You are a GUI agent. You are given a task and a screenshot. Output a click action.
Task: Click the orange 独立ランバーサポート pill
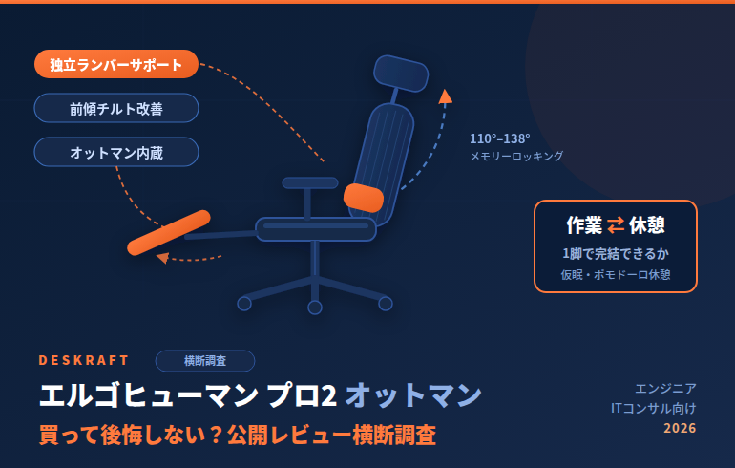click(116, 64)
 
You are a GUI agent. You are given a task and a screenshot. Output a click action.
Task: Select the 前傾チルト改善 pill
click(116, 108)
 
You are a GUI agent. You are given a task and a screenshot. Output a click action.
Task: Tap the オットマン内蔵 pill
click(116, 152)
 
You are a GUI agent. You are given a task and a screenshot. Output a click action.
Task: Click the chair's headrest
click(401, 74)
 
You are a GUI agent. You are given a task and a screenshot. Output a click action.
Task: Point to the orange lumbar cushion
click(364, 198)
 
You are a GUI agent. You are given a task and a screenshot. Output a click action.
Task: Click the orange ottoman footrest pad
click(169, 233)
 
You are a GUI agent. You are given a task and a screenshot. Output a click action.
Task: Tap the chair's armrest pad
click(310, 182)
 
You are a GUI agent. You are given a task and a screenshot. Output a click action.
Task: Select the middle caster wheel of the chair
click(315, 308)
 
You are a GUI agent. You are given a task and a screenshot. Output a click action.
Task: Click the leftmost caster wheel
click(244, 304)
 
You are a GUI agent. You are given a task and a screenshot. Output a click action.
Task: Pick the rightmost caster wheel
click(386, 304)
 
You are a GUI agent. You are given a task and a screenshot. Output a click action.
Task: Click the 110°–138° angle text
click(499, 138)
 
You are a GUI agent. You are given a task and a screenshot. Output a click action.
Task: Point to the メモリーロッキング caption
click(516, 156)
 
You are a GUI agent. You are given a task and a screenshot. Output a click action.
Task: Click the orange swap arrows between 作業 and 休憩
click(616, 225)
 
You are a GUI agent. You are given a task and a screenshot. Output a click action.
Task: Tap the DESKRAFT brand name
click(83, 360)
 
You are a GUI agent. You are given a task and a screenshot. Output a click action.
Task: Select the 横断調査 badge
click(205, 361)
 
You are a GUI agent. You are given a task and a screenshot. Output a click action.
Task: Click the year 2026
click(680, 428)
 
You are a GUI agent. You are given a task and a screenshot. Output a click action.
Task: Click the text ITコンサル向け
click(654, 408)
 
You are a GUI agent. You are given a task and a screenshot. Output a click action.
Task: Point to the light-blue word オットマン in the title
click(413, 394)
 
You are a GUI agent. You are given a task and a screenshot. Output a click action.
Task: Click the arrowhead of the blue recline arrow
click(446, 96)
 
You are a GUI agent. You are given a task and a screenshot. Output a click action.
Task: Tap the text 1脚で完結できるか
click(616, 254)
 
